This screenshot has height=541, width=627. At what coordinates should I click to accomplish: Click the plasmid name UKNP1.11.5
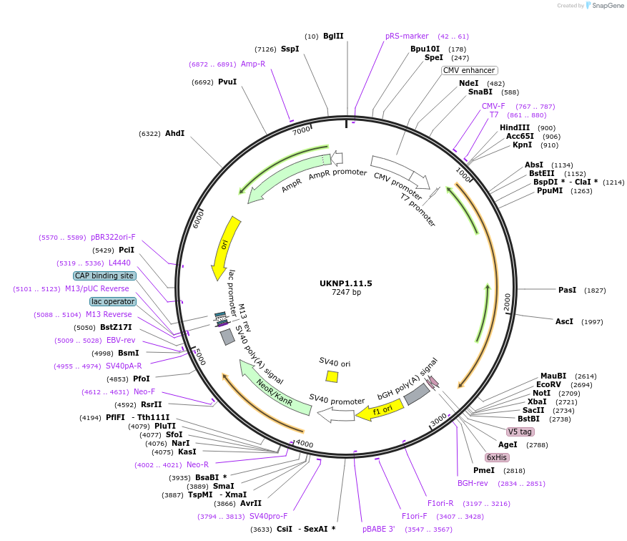(346, 283)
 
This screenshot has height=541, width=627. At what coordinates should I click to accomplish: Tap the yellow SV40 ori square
(332, 376)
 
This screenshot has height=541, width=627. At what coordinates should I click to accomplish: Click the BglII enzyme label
(333, 36)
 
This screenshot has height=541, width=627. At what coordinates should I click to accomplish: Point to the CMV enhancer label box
(469, 70)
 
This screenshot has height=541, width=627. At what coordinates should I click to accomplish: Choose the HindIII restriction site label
(515, 127)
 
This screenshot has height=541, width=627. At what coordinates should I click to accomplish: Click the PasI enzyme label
(567, 290)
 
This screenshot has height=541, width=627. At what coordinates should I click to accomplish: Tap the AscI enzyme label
(564, 321)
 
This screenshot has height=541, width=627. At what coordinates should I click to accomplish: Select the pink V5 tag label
(520, 432)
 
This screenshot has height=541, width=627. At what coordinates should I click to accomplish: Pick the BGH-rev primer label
(472, 483)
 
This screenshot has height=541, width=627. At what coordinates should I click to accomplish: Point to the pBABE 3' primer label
(379, 529)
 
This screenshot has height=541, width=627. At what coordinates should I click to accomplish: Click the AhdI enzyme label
(174, 133)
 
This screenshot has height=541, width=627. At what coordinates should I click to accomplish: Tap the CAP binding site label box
(104, 275)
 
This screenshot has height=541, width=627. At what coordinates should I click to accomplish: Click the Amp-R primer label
(253, 64)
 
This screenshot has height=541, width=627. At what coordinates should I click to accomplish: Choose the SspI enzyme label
(290, 49)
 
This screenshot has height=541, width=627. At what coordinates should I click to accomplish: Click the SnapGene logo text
(605, 6)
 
